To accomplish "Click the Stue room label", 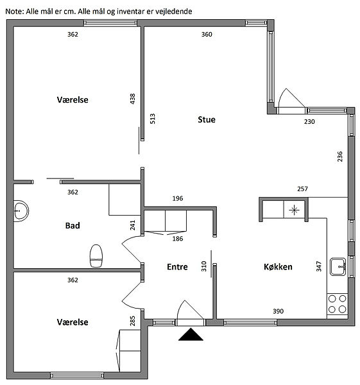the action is click(207, 119).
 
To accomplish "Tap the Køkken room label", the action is click(278, 267).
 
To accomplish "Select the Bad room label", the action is click(73, 225).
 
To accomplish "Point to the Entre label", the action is click(177, 267).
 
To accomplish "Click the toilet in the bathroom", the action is click(96, 255).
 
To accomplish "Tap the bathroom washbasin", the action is click(21, 211).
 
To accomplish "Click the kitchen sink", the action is click(338, 266).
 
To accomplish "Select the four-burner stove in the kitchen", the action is click(337, 304).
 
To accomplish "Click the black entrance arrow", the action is click(191, 334).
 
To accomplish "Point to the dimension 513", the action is click(153, 119).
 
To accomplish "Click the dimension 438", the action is click(132, 99).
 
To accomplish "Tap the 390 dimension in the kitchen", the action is click(279, 311).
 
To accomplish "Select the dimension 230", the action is click(309, 121).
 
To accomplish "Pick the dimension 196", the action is click(178, 198).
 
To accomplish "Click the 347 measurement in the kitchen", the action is click(319, 266).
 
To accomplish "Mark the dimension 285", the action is click(133, 321).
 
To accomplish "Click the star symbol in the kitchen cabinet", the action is click(294, 210).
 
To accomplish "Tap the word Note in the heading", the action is click(15, 12).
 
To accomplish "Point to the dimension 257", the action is click(302, 189).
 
